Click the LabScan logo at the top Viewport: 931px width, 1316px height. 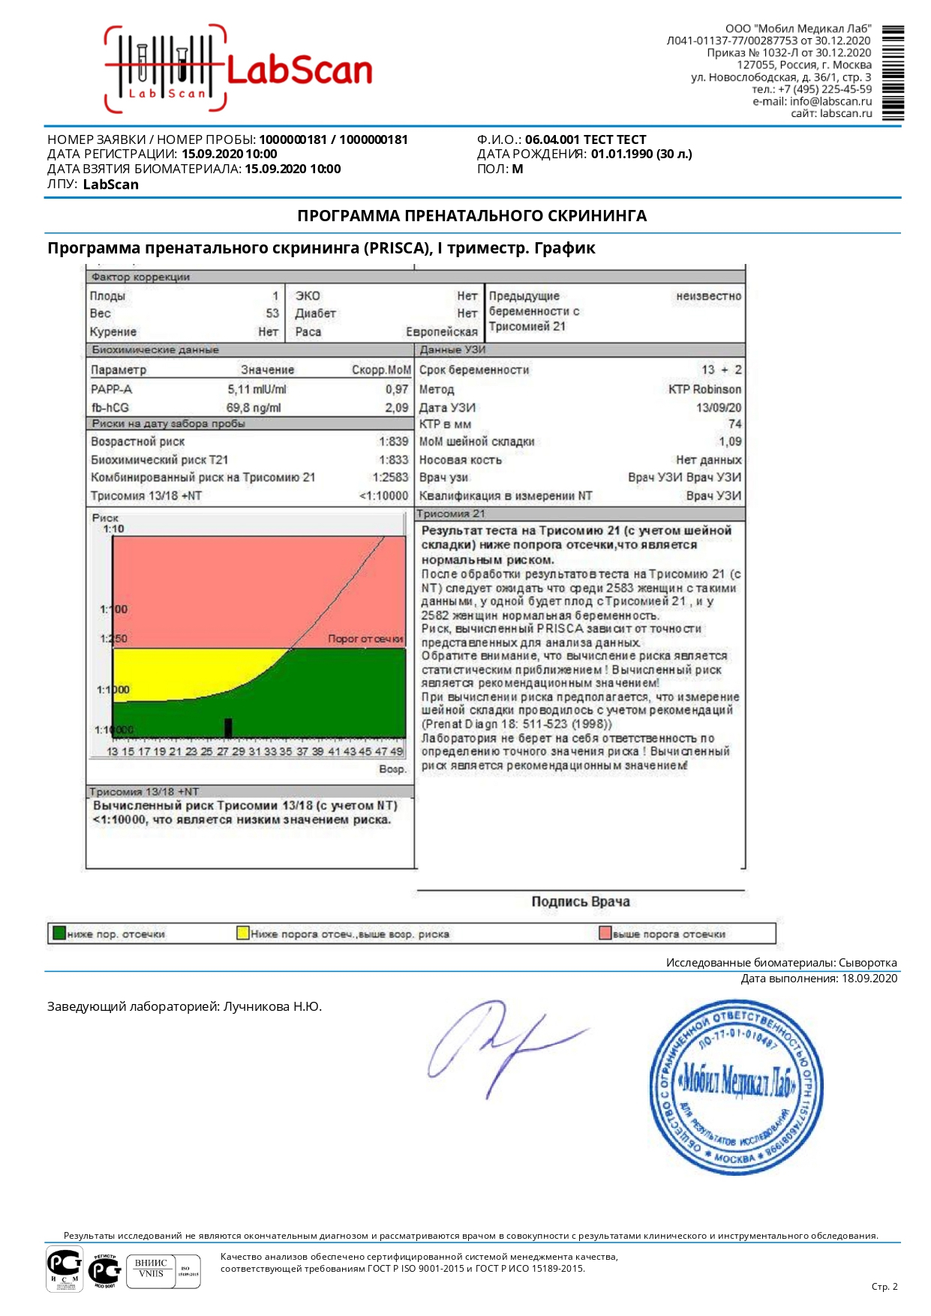point(239,70)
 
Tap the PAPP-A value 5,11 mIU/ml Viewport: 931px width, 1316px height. point(257,389)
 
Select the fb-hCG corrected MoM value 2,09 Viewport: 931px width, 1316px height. point(396,408)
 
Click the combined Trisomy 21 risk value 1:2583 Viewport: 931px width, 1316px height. point(390,478)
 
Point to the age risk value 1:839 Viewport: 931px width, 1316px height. point(393,442)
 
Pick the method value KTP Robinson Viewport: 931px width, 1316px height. point(704,389)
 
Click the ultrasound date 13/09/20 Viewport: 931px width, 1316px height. point(718,408)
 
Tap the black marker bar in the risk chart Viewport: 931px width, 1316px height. point(228,727)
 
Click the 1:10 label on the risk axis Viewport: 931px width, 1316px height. point(113,529)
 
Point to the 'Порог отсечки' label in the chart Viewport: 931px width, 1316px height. point(365,639)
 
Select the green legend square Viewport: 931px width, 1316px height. point(59,934)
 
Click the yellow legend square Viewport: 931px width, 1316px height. point(242,934)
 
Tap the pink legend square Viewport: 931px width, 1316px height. point(605,934)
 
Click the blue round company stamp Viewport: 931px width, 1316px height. point(736,1087)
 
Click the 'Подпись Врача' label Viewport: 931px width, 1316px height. point(580,901)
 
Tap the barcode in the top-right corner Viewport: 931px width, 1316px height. point(893,73)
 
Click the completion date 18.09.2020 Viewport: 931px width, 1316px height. point(869,978)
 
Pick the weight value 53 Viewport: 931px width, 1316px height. point(272,313)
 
